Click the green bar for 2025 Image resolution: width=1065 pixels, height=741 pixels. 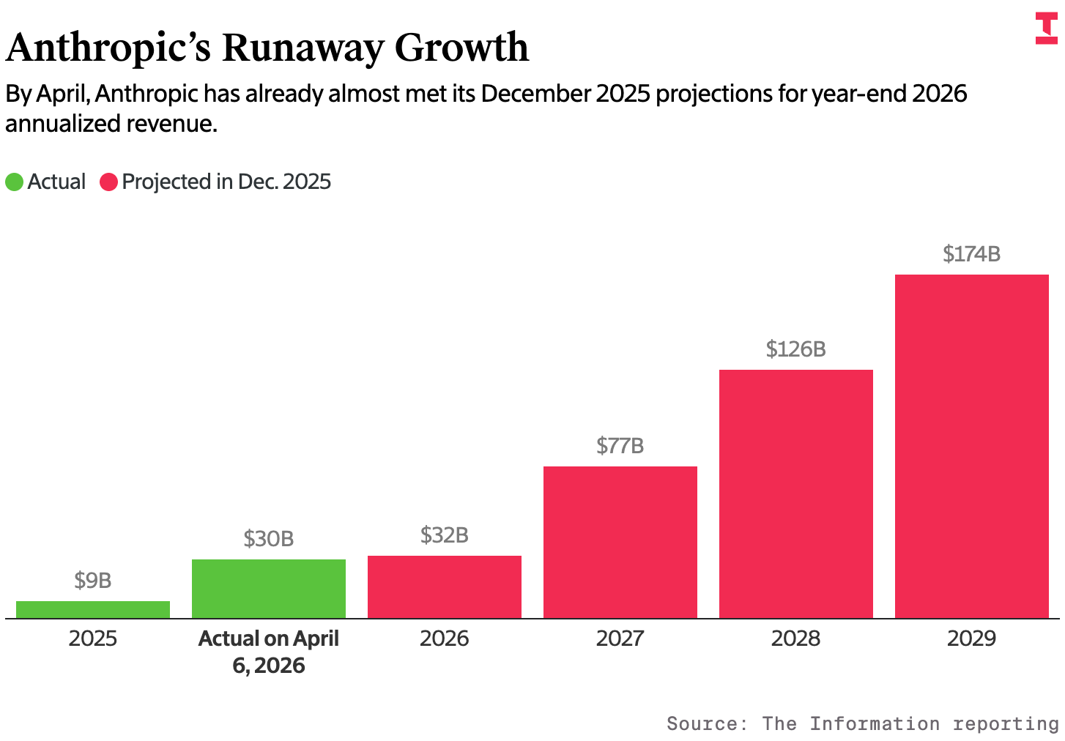pyautogui.click(x=93, y=609)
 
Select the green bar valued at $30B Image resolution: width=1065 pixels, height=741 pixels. pyautogui.click(x=269, y=589)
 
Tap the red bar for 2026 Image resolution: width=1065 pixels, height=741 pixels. pyautogui.click(x=445, y=587)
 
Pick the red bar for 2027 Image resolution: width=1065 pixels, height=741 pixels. pyautogui.click(x=620, y=542)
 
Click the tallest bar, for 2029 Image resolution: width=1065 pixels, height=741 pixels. pyautogui.click(x=972, y=446)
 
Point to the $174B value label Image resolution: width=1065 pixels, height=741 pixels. pyautogui.click(x=972, y=254)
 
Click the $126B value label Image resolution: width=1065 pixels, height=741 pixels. pyautogui.click(x=796, y=349)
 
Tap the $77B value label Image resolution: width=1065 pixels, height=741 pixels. pyautogui.click(x=620, y=446)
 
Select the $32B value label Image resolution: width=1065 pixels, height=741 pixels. pyautogui.click(x=445, y=535)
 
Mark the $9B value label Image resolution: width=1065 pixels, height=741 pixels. pyautogui.click(x=93, y=581)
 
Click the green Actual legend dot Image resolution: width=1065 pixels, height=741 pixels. pyautogui.click(x=15, y=182)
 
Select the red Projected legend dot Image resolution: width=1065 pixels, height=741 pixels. pyautogui.click(x=109, y=182)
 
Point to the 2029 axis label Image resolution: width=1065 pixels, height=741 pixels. pyautogui.click(x=972, y=638)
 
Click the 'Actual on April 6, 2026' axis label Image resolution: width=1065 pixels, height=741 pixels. pyautogui.click(x=269, y=652)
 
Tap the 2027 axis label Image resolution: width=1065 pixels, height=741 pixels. pyautogui.click(x=620, y=638)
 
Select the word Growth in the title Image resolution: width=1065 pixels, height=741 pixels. pyautogui.click(x=461, y=48)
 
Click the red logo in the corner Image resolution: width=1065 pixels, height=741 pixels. pyautogui.click(x=1047, y=28)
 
